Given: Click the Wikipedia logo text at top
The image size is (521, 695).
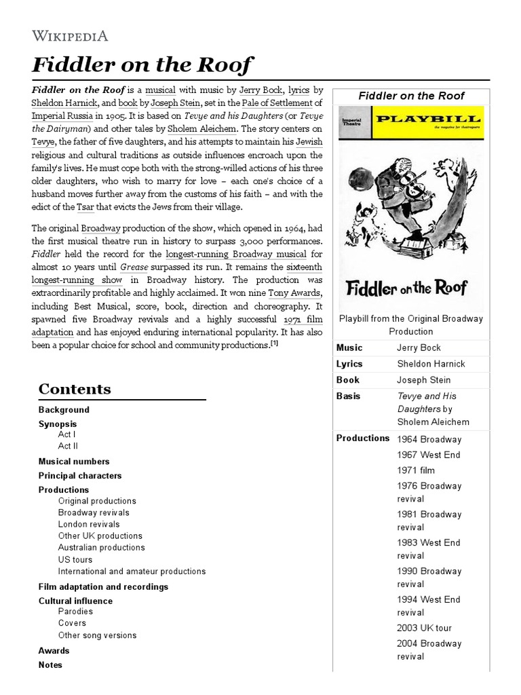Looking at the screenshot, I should click(x=70, y=36).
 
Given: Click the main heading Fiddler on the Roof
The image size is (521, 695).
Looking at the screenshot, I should click(x=142, y=66).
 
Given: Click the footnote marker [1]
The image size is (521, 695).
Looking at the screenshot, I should click(x=274, y=344).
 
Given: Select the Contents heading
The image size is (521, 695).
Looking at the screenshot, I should click(x=75, y=389).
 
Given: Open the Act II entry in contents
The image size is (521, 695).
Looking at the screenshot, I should click(x=68, y=446).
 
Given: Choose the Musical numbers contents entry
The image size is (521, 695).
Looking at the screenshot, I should click(x=73, y=462).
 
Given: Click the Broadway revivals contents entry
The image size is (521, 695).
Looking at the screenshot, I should click(x=94, y=512).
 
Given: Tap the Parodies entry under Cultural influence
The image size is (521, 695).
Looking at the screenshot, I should click(x=75, y=612).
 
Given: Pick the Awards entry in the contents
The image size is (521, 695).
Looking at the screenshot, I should click(x=54, y=651).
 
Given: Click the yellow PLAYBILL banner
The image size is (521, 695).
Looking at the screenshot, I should click(x=434, y=121).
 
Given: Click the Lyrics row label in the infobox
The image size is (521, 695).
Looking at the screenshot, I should click(x=349, y=364).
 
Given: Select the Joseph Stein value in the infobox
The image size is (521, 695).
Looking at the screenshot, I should click(x=423, y=380).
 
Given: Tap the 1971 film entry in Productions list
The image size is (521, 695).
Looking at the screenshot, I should click(x=416, y=470).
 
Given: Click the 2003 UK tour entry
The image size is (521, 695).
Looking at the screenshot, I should click(x=424, y=628).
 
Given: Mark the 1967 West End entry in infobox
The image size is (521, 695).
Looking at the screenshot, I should click(x=429, y=455).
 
